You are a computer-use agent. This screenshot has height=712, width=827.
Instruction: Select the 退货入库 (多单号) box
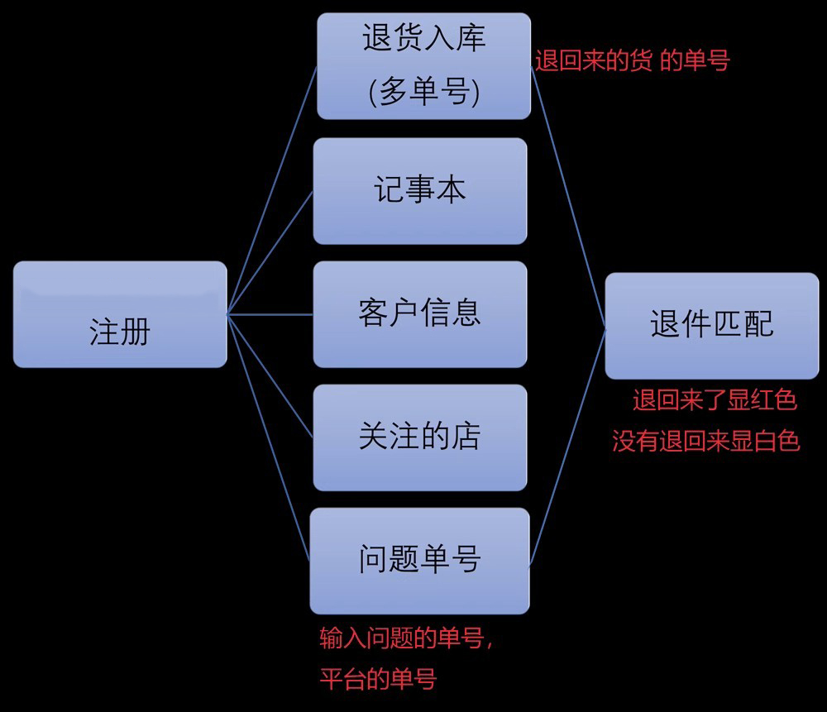pyautogui.click(x=423, y=65)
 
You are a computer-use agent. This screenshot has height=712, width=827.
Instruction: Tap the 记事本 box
pyautogui.click(x=420, y=191)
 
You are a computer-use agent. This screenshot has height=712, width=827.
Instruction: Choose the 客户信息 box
pyautogui.click(x=420, y=314)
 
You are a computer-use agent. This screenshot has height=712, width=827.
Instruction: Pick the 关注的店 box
pyautogui.click(x=420, y=437)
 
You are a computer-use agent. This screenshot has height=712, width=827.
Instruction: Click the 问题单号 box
pyautogui.click(x=420, y=561)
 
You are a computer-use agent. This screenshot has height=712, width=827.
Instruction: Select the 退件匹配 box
pyautogui.click(x=712, y=325)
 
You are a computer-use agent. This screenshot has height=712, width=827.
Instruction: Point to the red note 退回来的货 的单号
pyautogui.click(x=633, y=61)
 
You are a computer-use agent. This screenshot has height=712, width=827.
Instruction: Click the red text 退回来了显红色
pyautogui.click(x=715, y=401)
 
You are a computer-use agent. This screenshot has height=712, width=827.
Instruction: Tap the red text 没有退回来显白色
pyautogui.click(x=705, y=441)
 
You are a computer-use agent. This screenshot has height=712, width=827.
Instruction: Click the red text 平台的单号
pyautogui.click(x=377, y=680)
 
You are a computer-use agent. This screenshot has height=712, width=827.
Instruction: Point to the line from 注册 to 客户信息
pyautogui.click(x=270, y=314)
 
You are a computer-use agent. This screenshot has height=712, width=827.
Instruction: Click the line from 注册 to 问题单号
pyautogui.click(x=270, y=437)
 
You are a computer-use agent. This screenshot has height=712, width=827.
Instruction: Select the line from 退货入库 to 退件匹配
pyautogui.click(x=568, y=197)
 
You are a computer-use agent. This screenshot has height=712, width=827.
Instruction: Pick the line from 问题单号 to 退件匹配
pyautogui.click(x=567, y=445)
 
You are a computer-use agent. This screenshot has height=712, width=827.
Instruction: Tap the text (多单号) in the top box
pyautogui.click(x=423, y=90)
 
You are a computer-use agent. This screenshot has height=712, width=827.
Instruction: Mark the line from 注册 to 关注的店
pyautogui.click(x=270, y=377)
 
